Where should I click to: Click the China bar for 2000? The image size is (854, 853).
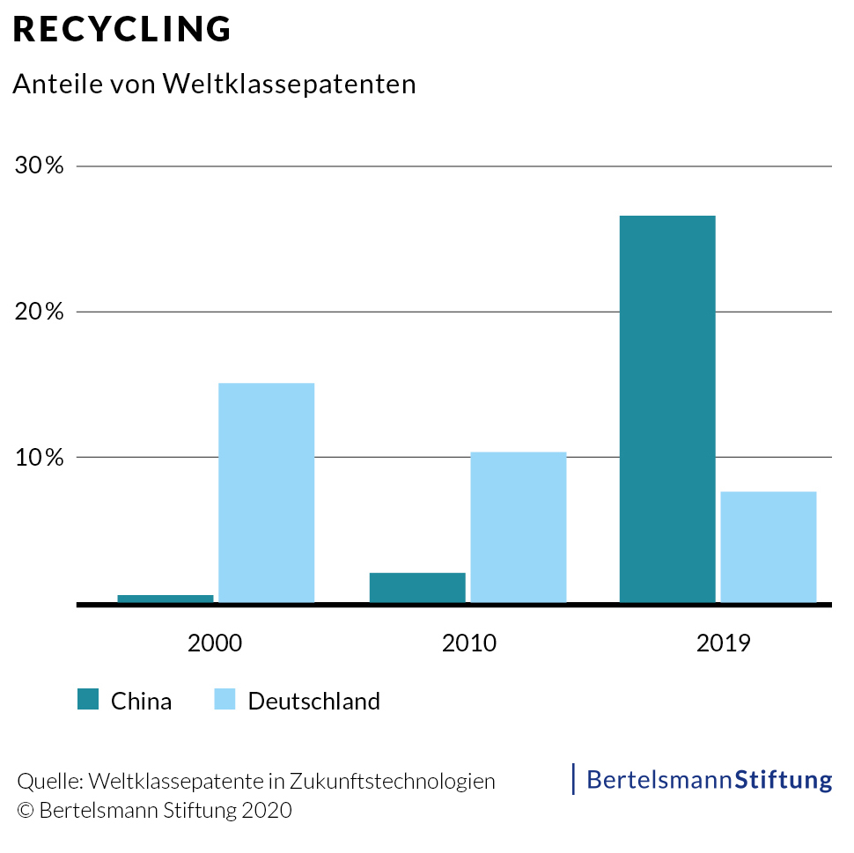tap(166, 599)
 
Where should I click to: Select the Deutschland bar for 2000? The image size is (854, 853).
tap(266, 493)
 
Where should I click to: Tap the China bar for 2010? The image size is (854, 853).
tap(417, 587)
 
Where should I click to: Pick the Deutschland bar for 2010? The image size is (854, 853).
tap(518, 527)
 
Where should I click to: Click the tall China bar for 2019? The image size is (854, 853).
tap(667, 409)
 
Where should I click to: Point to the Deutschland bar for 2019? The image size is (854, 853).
tap(769, 547)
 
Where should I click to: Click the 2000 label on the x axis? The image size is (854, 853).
tap(215, 643)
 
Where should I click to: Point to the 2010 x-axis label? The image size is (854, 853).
tap(468, 643)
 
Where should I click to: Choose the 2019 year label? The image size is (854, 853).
tap(723, 643)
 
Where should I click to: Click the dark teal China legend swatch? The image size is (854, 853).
tap(89, 700)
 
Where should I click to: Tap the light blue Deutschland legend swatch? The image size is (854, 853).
tap(225, 700)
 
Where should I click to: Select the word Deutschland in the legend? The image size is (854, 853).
tap(314, 701)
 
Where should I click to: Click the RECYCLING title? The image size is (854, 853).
tap(122, 29)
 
